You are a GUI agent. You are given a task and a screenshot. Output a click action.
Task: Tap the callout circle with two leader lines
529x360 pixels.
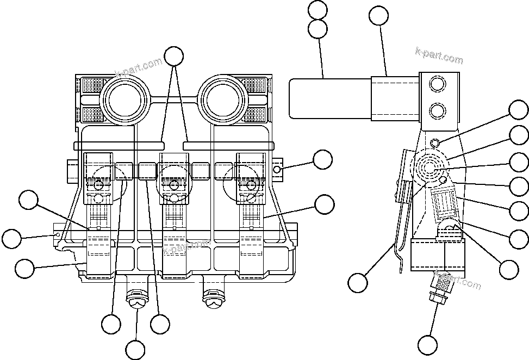tap(174, 56)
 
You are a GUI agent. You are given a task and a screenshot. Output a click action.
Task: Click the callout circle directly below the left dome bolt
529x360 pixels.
tap(135, 349)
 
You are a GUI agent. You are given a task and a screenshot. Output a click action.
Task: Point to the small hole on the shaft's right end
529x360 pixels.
tap(277, 170)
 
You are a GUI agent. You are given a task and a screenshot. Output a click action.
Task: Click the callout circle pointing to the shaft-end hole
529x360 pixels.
tap(322, 159)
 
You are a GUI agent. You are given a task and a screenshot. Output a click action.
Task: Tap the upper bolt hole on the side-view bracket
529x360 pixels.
tap(437, 84)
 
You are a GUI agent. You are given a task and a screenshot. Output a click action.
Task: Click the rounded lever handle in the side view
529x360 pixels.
tap(330, 98)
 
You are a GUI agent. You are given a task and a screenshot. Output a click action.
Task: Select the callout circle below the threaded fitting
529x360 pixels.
tap(428, 344)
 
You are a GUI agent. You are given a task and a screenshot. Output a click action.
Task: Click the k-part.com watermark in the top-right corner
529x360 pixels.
tap(439, 55)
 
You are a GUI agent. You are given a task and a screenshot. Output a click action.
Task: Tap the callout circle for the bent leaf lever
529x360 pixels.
tap(357, 283)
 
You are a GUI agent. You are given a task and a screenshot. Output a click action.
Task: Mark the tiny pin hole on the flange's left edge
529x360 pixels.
tap(58, 234)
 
